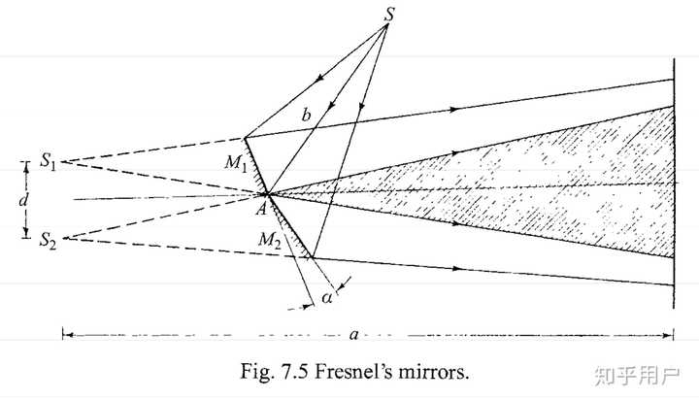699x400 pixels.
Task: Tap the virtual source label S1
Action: tap(48, 161)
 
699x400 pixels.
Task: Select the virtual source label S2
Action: tap(48, 240)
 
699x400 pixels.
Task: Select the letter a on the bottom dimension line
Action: tap(355, 334)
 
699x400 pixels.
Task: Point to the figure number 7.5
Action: tap(283, 371)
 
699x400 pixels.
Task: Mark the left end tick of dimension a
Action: tap(62, 334)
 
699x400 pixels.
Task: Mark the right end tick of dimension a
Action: tap(674, 334)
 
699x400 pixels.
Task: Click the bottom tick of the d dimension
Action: tap(26, 234)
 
